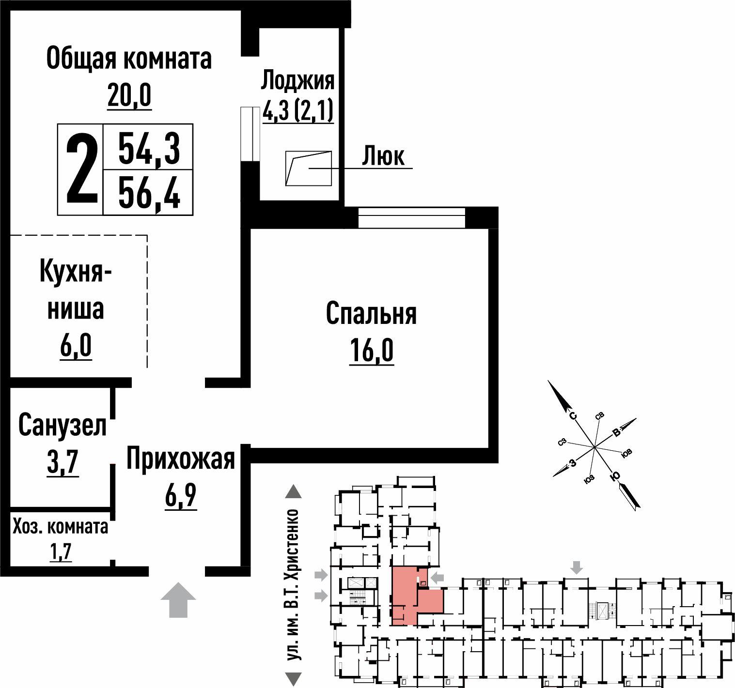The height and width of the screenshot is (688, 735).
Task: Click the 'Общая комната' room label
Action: point(129,59)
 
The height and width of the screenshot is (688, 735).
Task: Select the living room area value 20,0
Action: point(129,95)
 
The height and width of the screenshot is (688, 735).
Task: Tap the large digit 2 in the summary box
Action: point(81,170)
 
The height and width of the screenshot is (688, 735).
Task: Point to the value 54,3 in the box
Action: point(149,149)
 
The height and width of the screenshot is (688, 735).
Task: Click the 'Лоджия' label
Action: point(298,81)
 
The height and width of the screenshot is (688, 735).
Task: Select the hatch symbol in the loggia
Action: point(308,168)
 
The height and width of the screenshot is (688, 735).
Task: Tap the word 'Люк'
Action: point(383,156)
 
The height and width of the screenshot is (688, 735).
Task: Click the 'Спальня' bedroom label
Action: point(371,314)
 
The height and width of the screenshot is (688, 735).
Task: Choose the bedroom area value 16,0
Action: point(372,350)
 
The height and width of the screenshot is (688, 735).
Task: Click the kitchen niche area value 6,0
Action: point(76,346)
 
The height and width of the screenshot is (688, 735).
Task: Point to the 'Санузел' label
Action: point(62,426)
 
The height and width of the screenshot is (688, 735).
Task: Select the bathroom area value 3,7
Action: point(63,462)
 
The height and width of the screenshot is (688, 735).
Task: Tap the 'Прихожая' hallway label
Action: point(181,459)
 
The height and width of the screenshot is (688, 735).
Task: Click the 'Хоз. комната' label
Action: point(61,527)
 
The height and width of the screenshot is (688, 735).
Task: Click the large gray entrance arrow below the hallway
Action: point(178,599)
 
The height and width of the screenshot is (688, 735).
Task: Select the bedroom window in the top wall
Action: point(411,217)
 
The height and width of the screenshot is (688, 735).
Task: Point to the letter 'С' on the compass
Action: point(573,416)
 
